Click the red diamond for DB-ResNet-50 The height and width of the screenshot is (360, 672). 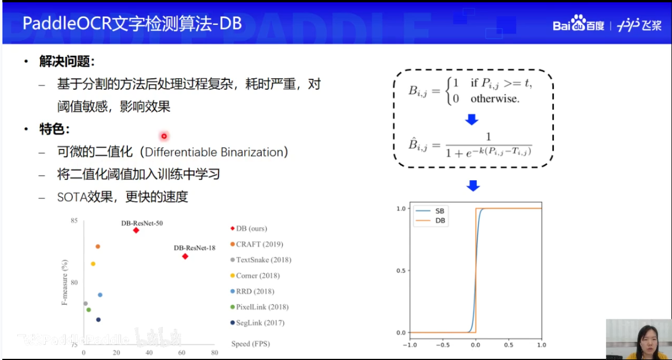(136, 230)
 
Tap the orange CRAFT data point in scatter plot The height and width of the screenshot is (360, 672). (98, 246)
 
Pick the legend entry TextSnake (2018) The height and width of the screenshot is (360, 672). (260, 260)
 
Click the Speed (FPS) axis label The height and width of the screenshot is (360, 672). (250, 344)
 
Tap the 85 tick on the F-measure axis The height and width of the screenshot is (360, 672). (74, 221)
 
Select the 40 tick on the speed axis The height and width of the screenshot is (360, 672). (149, 352)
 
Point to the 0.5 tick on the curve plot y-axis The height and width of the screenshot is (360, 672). (400, 270)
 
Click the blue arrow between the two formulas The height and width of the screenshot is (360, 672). (472, 119)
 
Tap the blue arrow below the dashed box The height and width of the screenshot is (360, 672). (473, 186)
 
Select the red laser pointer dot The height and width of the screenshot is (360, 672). (164, 136)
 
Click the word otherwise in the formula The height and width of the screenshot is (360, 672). (495, 99)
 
